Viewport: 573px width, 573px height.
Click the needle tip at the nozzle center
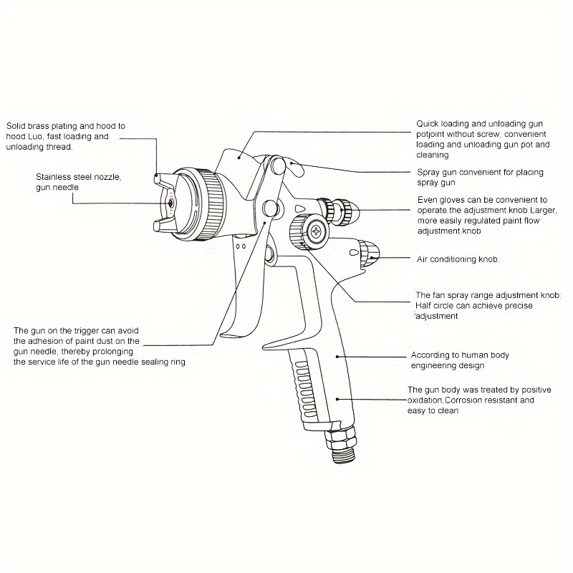170,203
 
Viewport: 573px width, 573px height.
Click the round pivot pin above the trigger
270,208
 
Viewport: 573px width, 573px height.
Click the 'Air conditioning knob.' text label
458,259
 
